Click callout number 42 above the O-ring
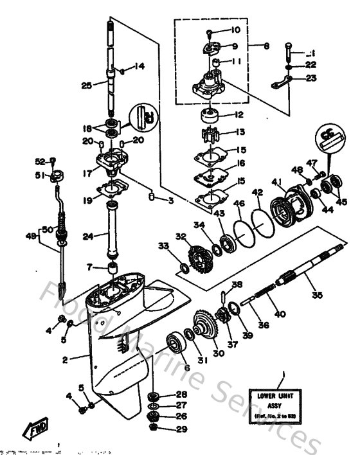click(x=256, y=192)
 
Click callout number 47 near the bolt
click(x=312, y=163)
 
